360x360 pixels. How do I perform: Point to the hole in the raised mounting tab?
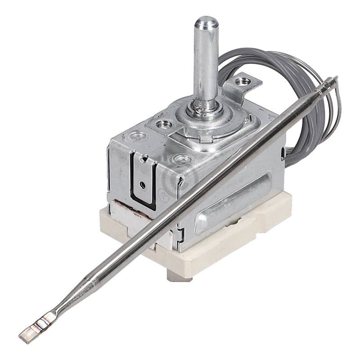245,82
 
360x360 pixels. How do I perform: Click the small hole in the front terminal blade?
143,184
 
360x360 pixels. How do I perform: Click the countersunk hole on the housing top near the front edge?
183,159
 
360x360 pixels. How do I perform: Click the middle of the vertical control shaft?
206,63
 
